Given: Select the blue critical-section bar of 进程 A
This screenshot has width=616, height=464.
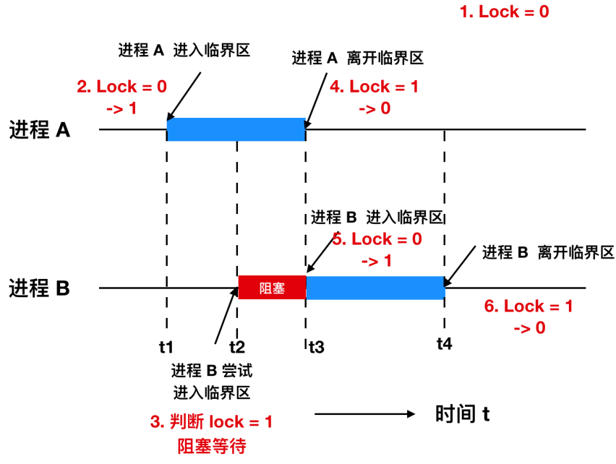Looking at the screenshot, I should pyautogui.click(x=236, y=129).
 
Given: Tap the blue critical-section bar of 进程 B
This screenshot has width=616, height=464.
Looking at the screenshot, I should pyautogui.click(x=375, y=288).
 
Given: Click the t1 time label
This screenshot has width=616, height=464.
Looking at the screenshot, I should pyautogui.click(x=167, y=346).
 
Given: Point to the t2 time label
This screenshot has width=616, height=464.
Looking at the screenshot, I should pyautogui.click(x=236, y=346).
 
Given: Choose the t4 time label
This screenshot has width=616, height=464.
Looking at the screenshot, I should pyautogui.click(x=444, y=344).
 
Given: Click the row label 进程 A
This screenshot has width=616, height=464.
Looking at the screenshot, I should pyautogui.click(x=40, y=130).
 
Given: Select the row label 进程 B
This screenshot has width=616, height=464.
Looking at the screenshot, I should pyautogui.click(x=40, y=288).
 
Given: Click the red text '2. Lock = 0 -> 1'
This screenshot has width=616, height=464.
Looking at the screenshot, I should pyautogui.click(x=121, y=97).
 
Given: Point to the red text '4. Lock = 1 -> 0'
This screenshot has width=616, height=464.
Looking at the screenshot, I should pyautogui.click(x=375, y=97).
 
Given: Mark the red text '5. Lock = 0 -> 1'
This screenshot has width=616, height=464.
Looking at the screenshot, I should pyautogui.click(x=376, y=249).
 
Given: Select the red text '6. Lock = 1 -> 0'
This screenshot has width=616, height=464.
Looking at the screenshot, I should pyautogui.click(x=529, y=317).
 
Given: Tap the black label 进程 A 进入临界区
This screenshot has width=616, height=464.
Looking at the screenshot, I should pyautogui.click(x=184, y=50).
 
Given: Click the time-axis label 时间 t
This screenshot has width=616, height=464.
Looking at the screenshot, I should pyautogui.click(x=463, y=414).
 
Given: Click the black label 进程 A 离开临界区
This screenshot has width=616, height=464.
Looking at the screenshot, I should pyautogui.click(x=357, y=58).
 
